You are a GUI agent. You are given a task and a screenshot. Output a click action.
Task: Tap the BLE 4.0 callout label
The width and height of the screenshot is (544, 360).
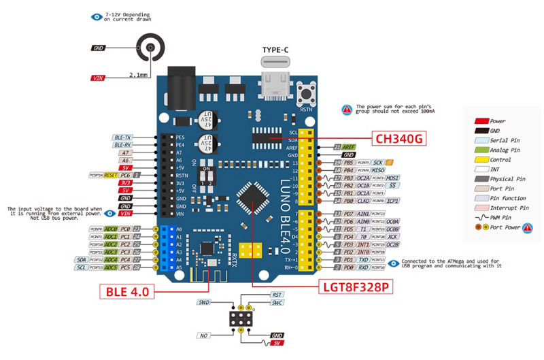coord(127,291)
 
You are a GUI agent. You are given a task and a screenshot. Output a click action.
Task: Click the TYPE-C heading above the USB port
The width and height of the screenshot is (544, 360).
coord(278,50)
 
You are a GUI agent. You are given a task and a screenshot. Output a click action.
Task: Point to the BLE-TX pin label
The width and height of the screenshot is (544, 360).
coord(123,137)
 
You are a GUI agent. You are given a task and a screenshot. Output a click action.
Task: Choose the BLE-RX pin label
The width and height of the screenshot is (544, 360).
coord(123,145)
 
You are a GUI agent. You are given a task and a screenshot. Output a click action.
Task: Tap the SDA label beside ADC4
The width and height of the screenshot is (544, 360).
coord(80,259)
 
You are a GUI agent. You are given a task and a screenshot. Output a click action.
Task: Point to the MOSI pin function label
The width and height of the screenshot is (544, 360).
coord(392,178)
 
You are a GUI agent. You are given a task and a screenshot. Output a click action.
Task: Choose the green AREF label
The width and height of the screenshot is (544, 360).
coord(349,147)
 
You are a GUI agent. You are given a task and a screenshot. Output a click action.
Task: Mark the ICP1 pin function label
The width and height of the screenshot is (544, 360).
coord(392,201)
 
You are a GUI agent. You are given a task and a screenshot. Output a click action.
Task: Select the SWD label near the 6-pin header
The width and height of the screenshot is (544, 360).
coord(203,301)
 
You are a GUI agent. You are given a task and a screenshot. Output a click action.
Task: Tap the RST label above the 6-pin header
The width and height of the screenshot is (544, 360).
coord(277,295)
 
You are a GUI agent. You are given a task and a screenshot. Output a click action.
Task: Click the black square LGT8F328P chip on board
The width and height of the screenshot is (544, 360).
coord(254,199)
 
